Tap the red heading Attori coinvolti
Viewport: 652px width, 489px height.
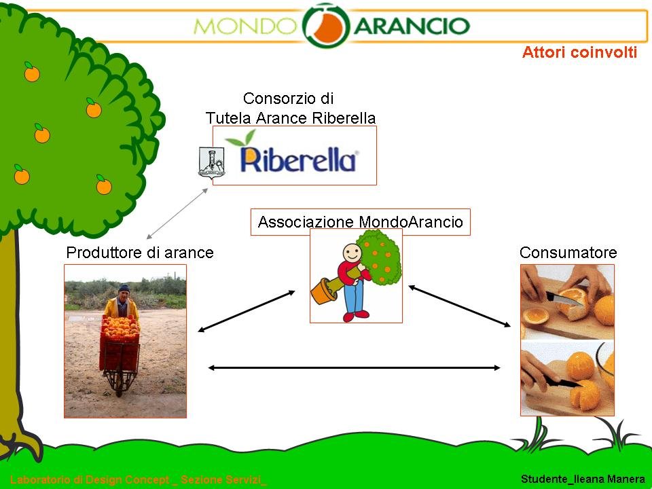[579, 52]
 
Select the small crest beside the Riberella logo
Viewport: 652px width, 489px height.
[212, 162]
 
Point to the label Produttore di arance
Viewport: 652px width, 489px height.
[140, 253]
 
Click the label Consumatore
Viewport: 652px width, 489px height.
[568, 253]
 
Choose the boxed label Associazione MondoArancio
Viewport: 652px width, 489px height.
[360, 221]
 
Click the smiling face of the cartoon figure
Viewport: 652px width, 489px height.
[352, 253]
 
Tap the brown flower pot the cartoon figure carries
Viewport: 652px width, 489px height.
[324, 291]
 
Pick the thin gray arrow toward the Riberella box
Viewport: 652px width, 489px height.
[177, 213]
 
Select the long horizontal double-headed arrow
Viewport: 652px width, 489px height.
[354, 367]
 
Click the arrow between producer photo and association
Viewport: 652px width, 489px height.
[246, 311]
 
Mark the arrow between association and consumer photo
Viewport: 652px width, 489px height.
[460, 306]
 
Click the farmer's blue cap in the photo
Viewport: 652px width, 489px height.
[124, 288]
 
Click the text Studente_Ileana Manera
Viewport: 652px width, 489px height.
[583, 479]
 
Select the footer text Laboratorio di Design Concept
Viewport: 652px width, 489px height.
[90, 479]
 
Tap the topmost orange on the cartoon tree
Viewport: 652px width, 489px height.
[32, 73]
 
